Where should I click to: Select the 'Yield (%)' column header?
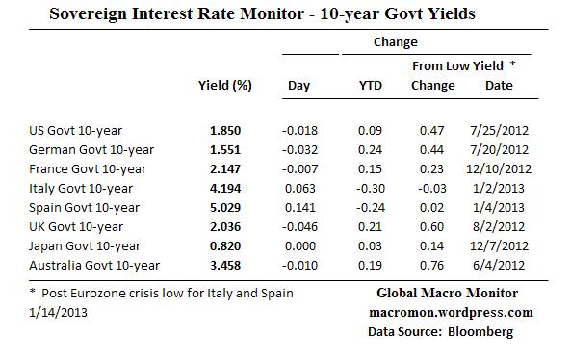(x=224, y=86)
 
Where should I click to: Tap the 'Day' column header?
(x=298, y=86)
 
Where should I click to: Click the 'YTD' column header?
(x=370, y=86)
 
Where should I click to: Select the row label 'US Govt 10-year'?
(x=77, y=130)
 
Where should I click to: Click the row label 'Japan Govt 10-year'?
(x=85, y=245)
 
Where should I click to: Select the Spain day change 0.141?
(x=299, y=207)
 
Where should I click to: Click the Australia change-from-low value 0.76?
(x=432, y=265)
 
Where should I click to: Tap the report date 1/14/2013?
(x=59, y=312)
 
